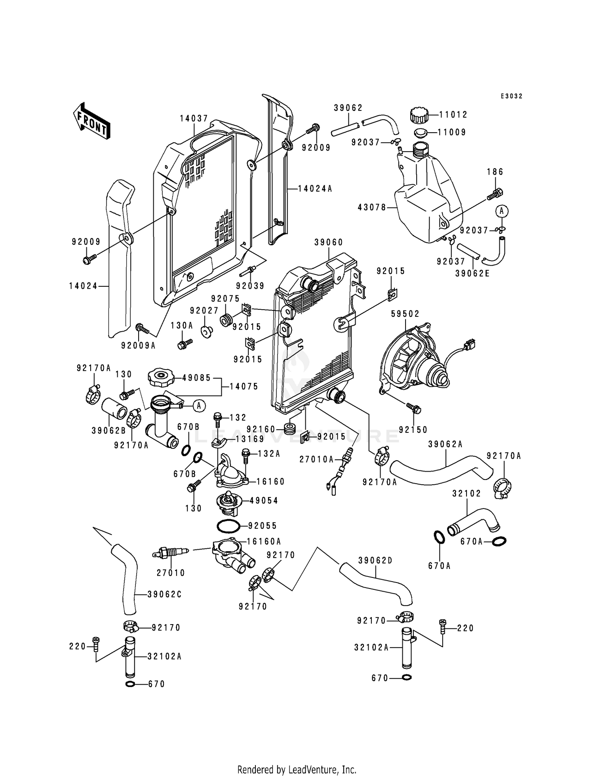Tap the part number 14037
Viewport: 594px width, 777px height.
click(194, 118)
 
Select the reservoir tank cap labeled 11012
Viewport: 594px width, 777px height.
click(420, 115)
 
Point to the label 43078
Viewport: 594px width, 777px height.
click(372, 207)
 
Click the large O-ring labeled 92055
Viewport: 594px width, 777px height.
click(228, 526)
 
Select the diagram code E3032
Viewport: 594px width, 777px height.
click(511, 96)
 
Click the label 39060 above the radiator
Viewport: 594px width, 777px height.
click(329, 242)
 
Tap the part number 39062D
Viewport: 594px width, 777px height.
click(375, 560)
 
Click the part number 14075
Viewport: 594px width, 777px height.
click(244, 386)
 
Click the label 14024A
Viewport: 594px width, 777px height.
click(315, 189)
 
